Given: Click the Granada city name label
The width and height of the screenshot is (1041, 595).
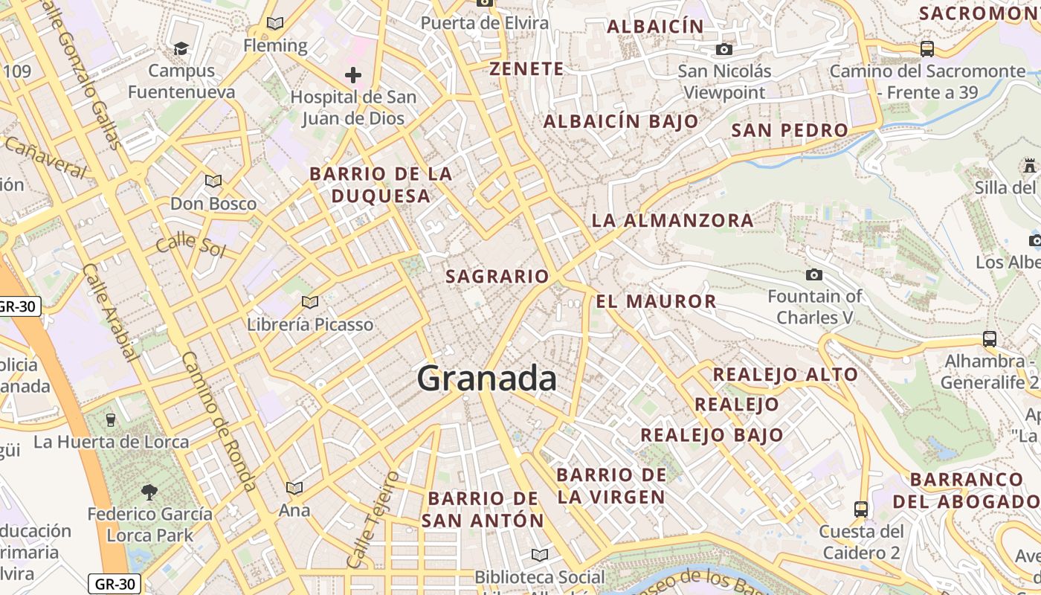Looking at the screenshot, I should tap(486, 379).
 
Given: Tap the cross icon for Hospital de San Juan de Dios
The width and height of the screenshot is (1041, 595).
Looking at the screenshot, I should tap(353, 74).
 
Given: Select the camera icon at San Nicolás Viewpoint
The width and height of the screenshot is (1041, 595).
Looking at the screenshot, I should tap(723, 50).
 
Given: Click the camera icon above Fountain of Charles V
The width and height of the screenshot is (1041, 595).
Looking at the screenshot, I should tap(814, 274).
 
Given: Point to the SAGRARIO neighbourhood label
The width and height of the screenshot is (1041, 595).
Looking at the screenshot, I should tap(497, 276).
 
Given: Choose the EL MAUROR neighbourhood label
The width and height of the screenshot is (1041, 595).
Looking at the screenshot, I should tap(656, 301).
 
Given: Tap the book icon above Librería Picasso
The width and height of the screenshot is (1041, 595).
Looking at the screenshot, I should tap(310, 302).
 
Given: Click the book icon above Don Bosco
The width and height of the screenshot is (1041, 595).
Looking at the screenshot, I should tap(213, 181).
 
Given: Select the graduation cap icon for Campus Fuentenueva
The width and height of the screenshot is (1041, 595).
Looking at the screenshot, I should tap(181, 49).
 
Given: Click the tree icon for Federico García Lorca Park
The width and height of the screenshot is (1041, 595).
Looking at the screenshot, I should tap(149, 492).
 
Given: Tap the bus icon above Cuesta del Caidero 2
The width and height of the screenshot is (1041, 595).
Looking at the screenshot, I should tap(861, 509).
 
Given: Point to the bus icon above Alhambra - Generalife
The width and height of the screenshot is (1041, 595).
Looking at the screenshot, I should tap(990, 339).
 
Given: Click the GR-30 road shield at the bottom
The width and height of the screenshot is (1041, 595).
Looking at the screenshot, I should tap(115, 584).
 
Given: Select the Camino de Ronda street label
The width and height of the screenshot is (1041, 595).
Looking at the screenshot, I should tap(219, 421).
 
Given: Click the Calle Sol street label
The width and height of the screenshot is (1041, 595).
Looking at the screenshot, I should tap(190, 243).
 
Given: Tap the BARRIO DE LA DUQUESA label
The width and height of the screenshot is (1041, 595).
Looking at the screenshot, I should tap(381, 184).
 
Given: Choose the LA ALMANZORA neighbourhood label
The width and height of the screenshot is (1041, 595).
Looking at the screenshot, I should tap(672, 220).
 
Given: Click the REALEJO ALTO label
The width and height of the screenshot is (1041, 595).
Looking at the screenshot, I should tap(785, 373).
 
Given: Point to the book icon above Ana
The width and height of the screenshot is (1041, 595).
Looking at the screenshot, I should tap(294, 488).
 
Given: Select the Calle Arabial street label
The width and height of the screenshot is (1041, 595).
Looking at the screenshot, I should tap(111, 312).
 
